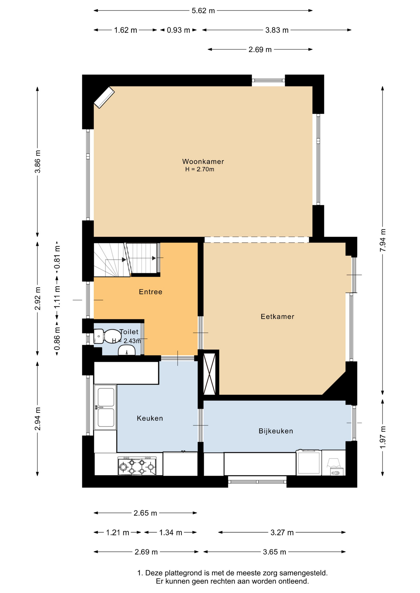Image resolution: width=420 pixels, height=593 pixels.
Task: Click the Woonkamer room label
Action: pos(203,161)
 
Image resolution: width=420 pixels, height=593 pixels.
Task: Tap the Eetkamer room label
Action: pos(277,317)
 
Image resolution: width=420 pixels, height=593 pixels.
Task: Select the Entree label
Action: pos(151,292)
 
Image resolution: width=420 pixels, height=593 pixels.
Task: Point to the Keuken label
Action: pos(150,418)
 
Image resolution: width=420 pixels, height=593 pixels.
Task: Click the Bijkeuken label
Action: pos(276,431)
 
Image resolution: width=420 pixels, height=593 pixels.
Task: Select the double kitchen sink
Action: pos(105,407)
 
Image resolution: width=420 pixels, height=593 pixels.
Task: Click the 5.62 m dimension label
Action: pos(203,11)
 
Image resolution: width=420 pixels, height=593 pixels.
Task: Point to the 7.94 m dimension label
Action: pos(383,240)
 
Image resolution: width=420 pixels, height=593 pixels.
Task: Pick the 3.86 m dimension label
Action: pos(37,162)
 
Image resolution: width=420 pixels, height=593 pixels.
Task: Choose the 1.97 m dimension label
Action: pos(383,437)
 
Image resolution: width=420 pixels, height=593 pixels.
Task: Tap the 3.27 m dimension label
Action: pos(282,532)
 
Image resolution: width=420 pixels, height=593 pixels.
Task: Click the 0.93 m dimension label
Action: pos(178,30)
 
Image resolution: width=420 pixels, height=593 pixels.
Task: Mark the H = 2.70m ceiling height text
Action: pos(199,169)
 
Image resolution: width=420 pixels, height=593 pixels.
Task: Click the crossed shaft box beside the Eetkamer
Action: pos(209,374)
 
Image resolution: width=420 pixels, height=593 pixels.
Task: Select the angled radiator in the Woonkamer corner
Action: pos(104,98)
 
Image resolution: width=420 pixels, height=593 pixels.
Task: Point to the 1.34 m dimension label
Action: pos(171,532)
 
